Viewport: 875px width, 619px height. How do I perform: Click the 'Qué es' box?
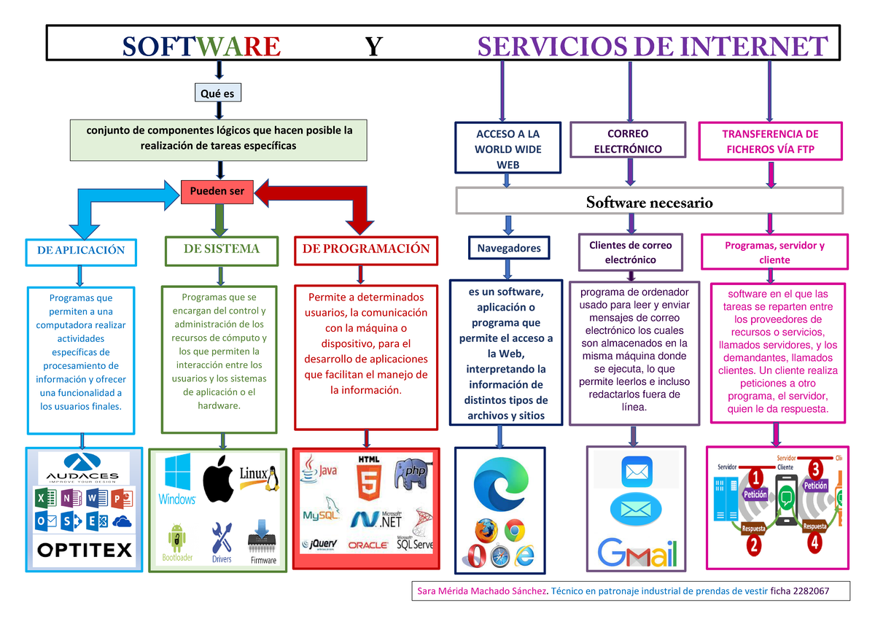click(x=218, y=93)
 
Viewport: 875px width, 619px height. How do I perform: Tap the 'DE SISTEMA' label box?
click(x=221, y=249)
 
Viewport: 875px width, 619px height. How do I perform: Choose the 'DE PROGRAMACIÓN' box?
click(x=365, y=249)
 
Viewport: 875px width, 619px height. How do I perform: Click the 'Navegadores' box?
click(x=509, y=248)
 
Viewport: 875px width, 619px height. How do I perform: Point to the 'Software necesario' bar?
click(x=649, y=202)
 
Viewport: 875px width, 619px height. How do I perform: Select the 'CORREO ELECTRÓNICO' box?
click(x=628, y=141)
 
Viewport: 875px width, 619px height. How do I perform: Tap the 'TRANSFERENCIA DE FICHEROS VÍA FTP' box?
click(x=770, y=141)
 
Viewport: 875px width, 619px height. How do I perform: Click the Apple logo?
click(x=218, y=478)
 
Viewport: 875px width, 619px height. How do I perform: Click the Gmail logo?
click(x=637, y=553)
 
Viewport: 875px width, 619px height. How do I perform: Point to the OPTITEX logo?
click(x=84, y=549)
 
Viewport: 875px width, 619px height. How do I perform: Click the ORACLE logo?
click(x=368, y=545)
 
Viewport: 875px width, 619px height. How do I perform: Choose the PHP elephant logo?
click(x=411, y=473)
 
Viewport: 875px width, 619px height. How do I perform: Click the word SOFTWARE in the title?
click(x=201, y=47)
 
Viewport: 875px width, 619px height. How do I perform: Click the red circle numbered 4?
click(x=814, y=542)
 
